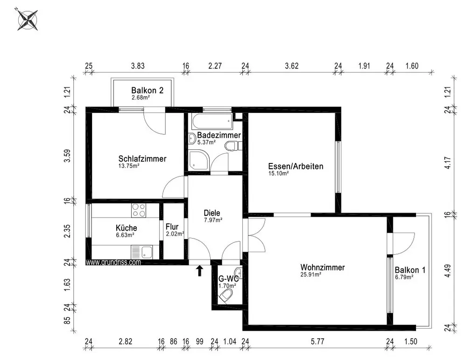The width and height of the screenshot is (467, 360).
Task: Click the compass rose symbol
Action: coord(28,20)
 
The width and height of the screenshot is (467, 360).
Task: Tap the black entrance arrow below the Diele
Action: coord(199,271)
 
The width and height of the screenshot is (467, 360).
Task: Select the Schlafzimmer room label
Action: coord(142,159)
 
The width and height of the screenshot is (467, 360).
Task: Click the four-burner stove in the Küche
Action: coord(139,210)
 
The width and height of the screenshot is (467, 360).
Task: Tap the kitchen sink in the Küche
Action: coord(142,253)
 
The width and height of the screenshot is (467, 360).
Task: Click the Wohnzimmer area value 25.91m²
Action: coord(311,275)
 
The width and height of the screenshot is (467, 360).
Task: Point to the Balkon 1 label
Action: coord(410,270)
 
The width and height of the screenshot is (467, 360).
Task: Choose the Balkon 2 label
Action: coord(148,90)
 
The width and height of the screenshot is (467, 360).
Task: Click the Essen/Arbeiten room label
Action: coord(296,166)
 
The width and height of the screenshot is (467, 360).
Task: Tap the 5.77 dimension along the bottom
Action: coord(318,341)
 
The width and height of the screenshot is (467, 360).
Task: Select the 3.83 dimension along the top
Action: coord(138,66)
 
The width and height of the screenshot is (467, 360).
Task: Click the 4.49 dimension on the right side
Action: coord(448,271)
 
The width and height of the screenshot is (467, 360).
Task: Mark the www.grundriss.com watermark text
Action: coord(113,262)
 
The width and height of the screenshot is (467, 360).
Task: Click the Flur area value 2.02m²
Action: coord(175,234)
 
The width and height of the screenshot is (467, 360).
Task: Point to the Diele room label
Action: coord(212,213)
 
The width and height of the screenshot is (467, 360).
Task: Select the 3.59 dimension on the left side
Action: coord(68,155)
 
